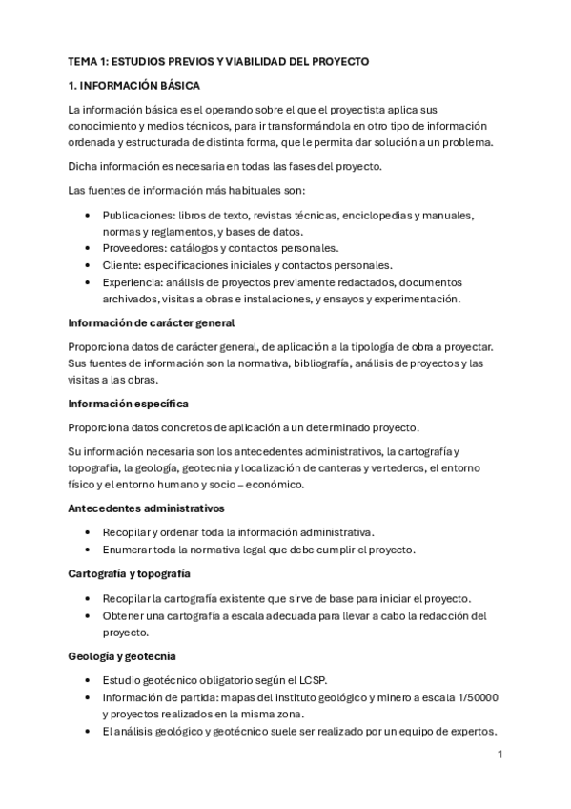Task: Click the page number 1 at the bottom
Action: click(x=500, y=755)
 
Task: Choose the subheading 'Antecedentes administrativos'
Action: click(x=145, y=508)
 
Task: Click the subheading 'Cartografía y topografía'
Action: click(x=130, y=573)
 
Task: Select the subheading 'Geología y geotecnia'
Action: click(x=121, y=657)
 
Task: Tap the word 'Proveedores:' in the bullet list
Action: click(x=133, y=249)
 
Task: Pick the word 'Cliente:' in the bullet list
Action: click(x=122, y=265)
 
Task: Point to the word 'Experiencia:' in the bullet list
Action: click(x=133, y=282)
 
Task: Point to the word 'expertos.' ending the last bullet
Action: click(x=474, y=731)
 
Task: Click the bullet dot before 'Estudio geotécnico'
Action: click(x=89, y=680)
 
